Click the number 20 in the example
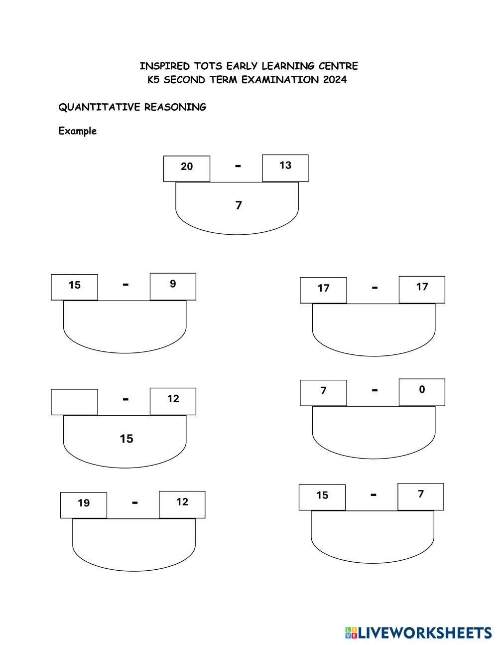coord(187,166)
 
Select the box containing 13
coord(285,168)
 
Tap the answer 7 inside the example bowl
coord(239,205)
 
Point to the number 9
coord(173,284)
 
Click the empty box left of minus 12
coord(74,402)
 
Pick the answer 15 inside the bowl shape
coord(126,439)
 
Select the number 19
coord(84,503)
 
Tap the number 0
coord(422,390)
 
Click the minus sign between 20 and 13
coord(238,166)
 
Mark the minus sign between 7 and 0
coord(374,390)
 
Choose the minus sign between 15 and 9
coord(125,284)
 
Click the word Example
coord(77,131)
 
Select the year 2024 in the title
coord(335,80)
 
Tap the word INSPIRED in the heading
coord(157,66)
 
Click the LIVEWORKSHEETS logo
coord(418,633)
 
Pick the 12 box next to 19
coord(182,504)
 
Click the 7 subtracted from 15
coord(421,494)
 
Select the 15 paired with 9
coord(75,285)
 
